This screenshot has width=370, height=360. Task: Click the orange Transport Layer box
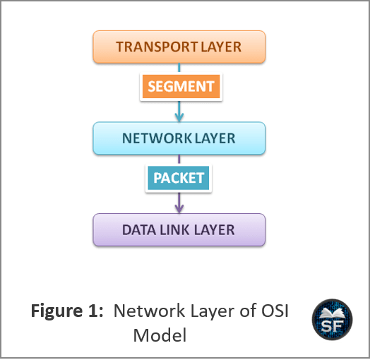[179, 47]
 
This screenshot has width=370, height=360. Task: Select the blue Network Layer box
[179, 138]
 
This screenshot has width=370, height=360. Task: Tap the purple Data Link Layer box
[179, 230]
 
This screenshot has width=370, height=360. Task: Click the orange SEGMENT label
[181, 86]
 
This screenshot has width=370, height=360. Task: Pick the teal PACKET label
[179, 178]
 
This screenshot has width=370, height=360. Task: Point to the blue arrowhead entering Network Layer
[179, 117]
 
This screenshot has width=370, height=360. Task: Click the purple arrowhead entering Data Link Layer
[179, 209]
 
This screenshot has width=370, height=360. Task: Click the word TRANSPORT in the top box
[157, 47]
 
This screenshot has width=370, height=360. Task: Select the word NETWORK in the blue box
[156, 138]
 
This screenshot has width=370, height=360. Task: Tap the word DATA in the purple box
[139, 230]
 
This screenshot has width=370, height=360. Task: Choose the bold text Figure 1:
[67, 311]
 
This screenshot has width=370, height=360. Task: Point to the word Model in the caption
[160, 335]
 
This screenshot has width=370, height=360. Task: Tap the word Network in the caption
[149, 311]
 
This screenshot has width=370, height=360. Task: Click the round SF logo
[333, 320]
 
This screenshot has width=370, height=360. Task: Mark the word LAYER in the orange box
[221, 47]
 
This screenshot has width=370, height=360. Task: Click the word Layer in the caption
[212, 311]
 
